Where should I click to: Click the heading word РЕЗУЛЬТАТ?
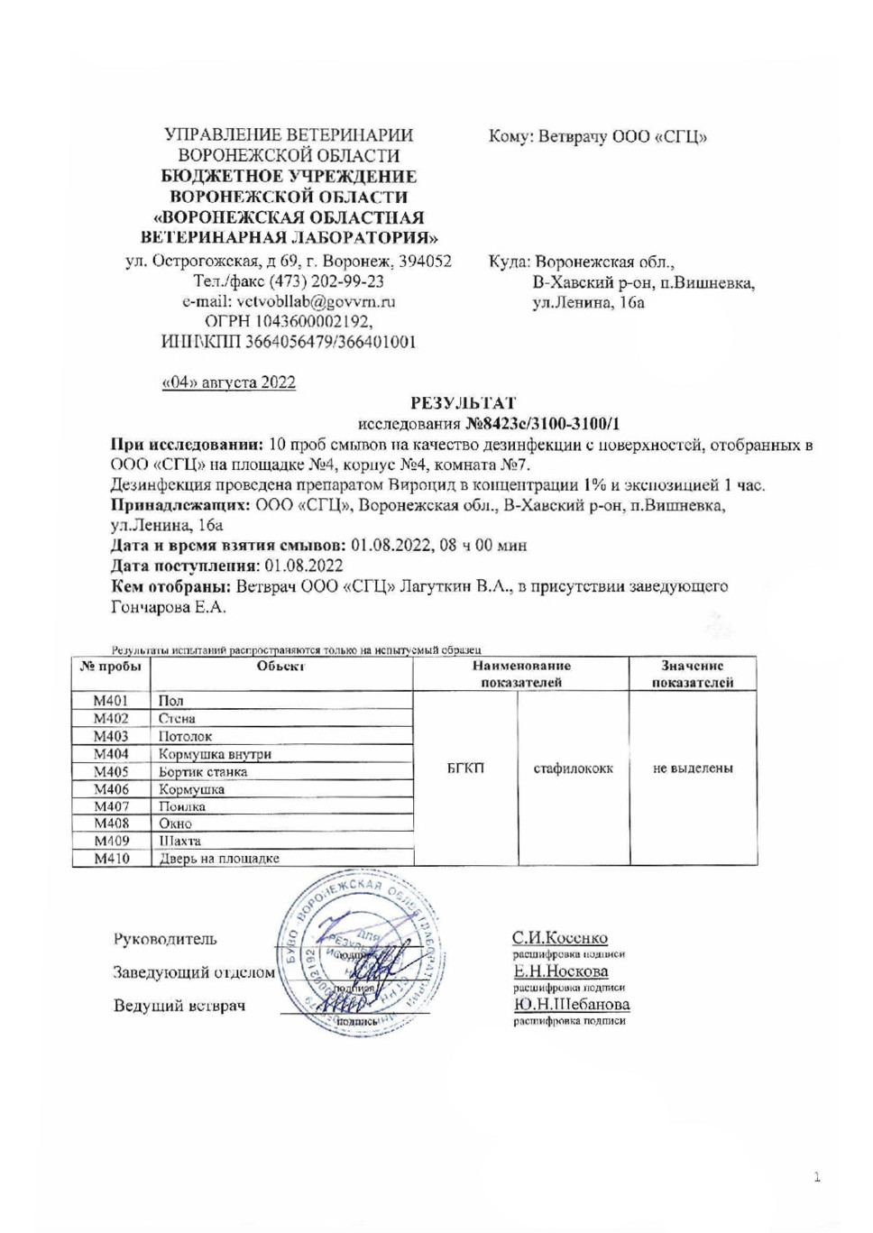click(463, 403)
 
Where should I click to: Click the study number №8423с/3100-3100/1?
click(542, 424)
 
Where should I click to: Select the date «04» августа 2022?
click(228, 382)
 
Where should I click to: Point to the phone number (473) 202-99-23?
click(335, 282)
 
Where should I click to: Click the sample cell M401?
click(111, 701)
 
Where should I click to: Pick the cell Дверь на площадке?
click(219, 859)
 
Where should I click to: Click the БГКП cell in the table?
click(465, 768)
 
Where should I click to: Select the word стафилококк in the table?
click(573, 768)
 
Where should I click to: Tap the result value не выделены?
click(693, 768)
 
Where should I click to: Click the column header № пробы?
click(111, 667)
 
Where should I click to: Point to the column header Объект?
click(280, 667)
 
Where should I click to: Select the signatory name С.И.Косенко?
click(560, 938)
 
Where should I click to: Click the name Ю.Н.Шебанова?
click(572, 1004)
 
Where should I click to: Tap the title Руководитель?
click(165, 939)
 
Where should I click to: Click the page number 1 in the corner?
click(817, 1177)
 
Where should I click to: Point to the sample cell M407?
click(111, 806)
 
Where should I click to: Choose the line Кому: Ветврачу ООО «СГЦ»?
click(597, 137)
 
